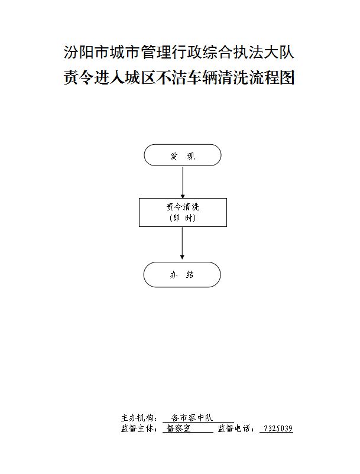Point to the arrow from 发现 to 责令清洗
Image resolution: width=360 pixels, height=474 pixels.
pos(183,182)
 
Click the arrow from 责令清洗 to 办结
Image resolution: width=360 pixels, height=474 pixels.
pos(182,243)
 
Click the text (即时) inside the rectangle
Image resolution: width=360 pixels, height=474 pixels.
pos(183,218)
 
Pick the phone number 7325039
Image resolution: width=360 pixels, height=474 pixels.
pos(278,428)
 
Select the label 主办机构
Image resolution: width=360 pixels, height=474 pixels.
pos(135,418)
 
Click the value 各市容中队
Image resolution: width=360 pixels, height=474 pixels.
pos(192,418)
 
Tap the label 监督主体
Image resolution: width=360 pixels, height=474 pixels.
pos(135,428)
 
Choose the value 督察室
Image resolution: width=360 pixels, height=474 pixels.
pos(179,428)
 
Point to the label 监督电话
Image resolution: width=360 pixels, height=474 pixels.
pos(232,428)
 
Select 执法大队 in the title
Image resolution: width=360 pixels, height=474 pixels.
pos(264,52)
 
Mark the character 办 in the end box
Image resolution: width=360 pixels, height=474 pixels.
pos(173,275)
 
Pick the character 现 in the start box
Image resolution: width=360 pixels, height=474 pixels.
pos(191,156)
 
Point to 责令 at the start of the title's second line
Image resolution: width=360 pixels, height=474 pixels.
pos(79,78)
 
